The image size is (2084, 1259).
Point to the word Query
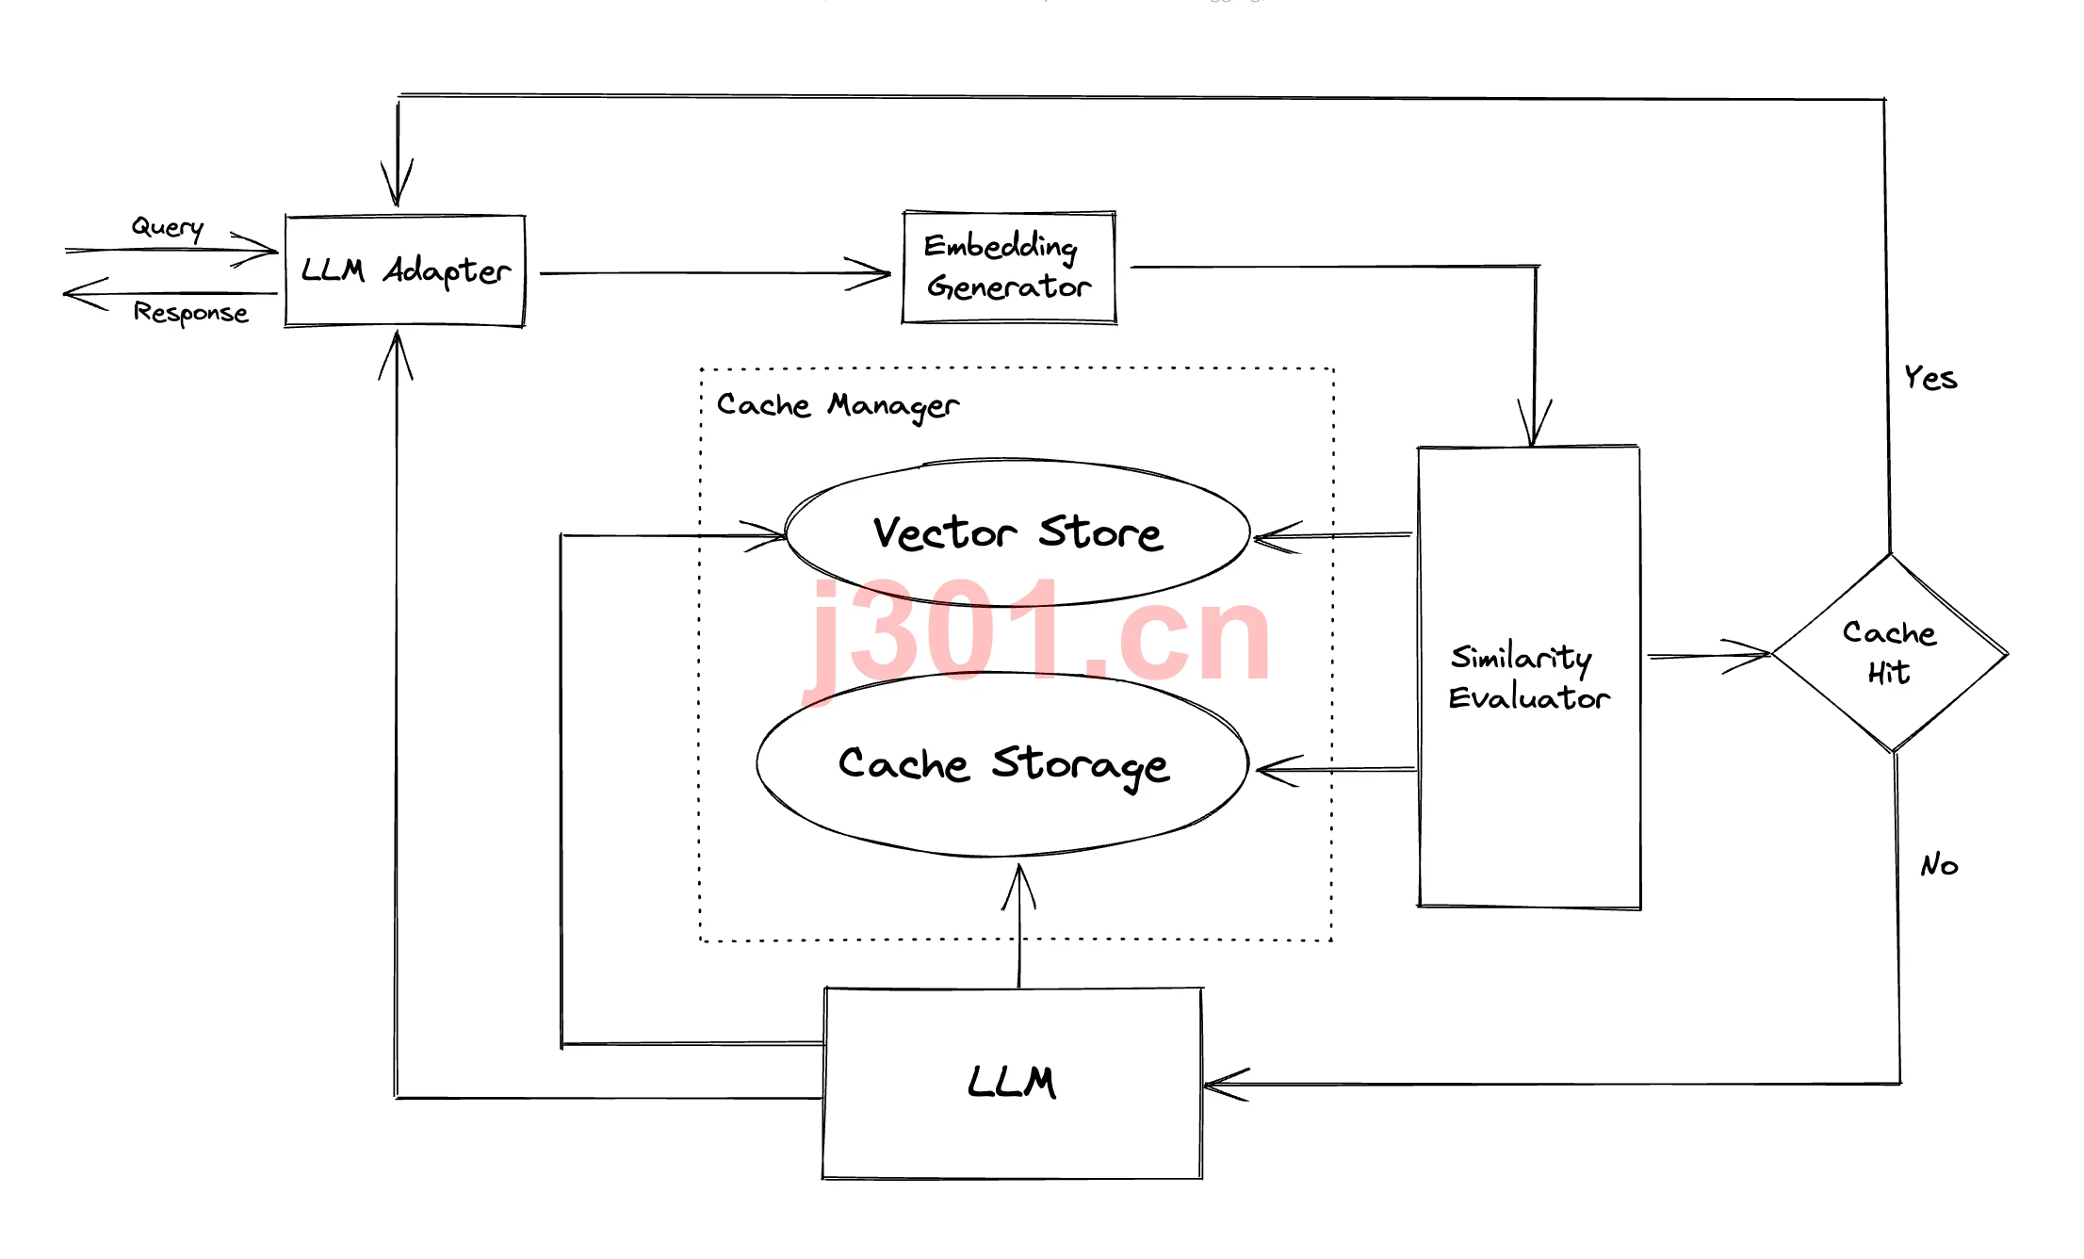click(168, 227)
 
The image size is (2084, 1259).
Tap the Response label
click(190, 312)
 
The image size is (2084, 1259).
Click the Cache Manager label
click(838, 405)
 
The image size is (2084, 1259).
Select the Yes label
click(1930, 378)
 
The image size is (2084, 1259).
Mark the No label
click(1939, 864)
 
